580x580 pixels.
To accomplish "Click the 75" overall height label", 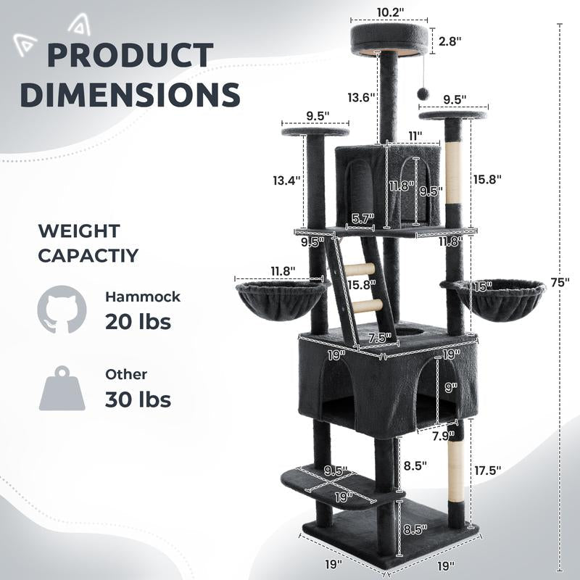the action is pos(560,282).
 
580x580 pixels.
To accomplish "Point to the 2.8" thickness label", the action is pos(449,41).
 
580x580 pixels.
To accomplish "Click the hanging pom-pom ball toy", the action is pos(422,94).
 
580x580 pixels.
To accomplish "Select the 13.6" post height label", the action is pos(361,98).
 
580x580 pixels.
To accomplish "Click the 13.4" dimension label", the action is pos(286,181).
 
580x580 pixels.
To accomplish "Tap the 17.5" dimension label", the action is pos(487,471).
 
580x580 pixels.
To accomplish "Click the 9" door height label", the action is pos(451,388).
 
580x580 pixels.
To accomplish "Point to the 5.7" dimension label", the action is pos(363,219).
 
